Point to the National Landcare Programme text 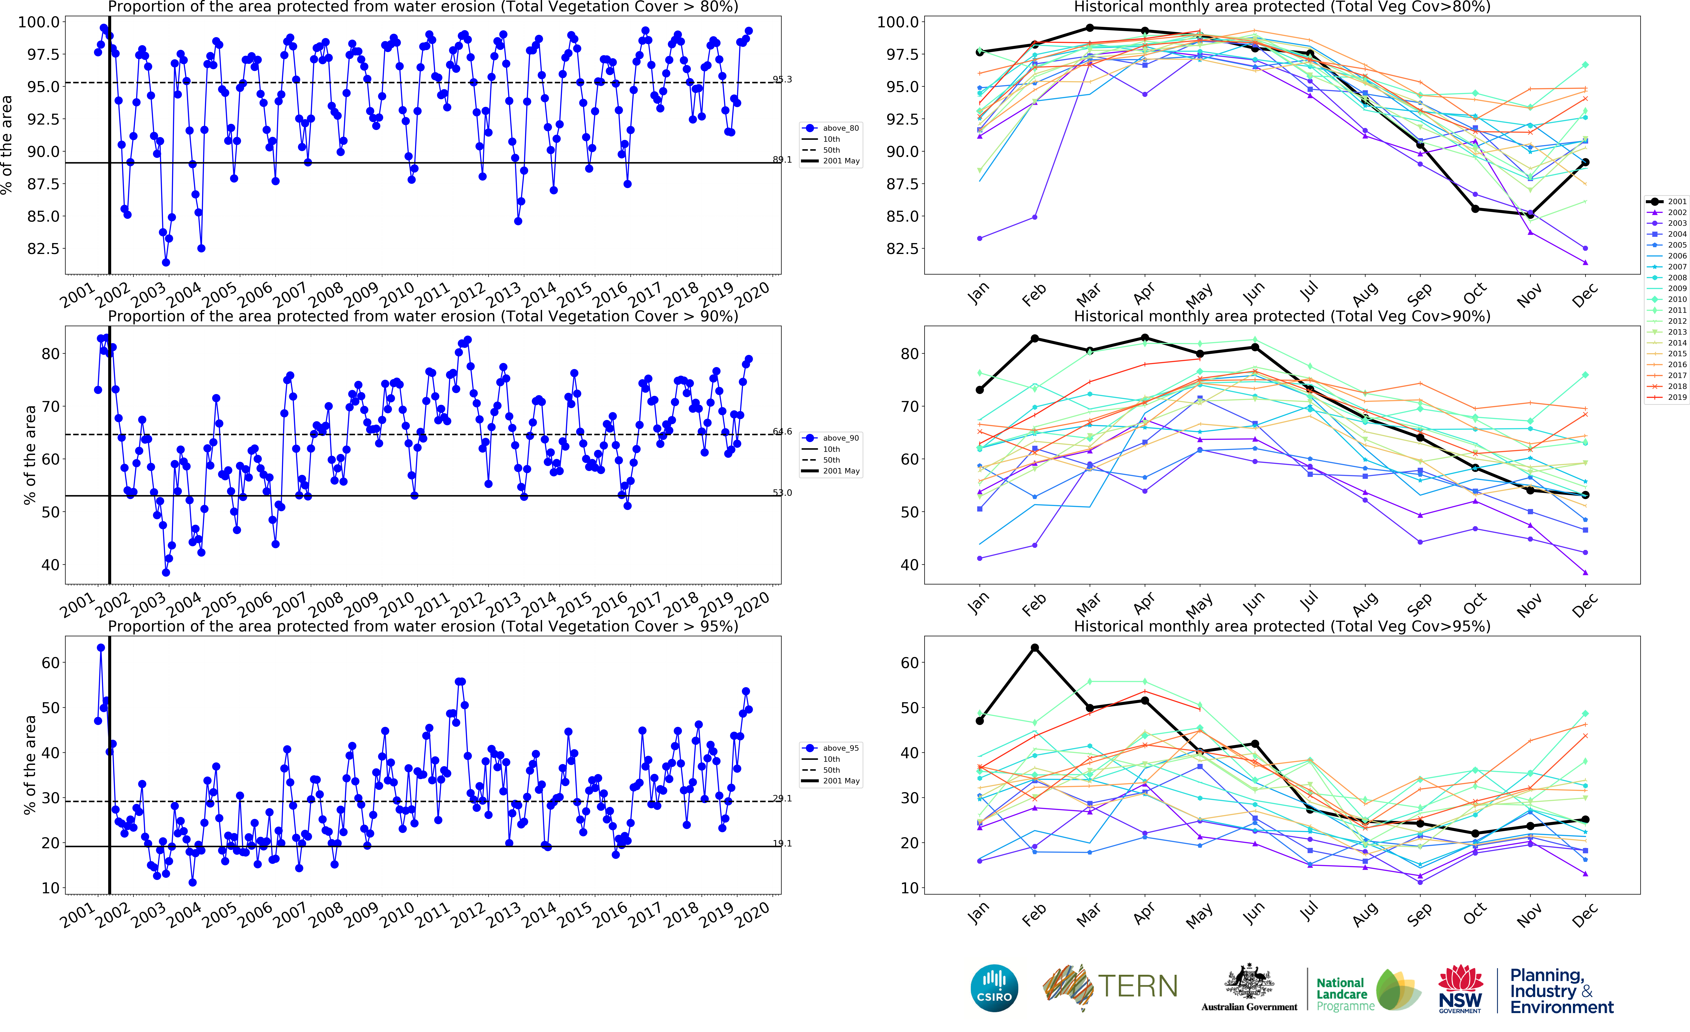[1344, 994]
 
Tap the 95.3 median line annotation [782, 80]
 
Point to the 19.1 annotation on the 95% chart [782, 843]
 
